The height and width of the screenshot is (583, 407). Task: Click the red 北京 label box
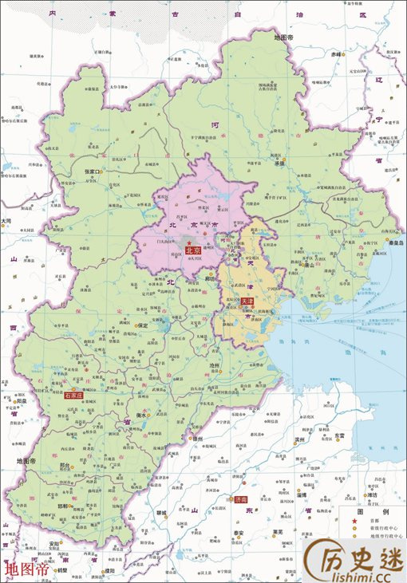192,250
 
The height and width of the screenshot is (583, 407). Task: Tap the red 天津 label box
247,302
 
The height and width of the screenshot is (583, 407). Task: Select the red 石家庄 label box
73,396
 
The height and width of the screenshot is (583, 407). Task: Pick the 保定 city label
143,325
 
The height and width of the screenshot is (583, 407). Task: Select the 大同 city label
6,220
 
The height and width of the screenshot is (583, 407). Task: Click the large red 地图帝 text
26,569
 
